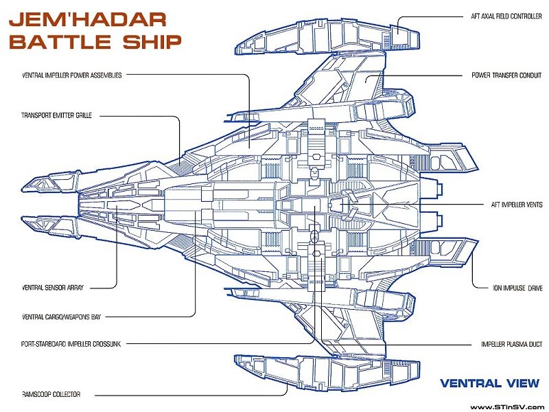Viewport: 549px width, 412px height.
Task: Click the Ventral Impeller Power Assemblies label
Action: coord(72,75)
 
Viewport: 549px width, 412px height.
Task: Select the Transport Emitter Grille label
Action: coord(57,115)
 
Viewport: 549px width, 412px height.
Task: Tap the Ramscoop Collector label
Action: coord(51,394)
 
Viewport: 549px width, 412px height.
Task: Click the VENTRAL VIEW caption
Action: coord(489,383)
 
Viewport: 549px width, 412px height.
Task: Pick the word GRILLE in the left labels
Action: coord(80,115)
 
